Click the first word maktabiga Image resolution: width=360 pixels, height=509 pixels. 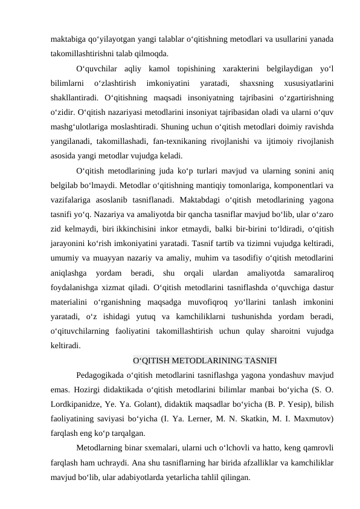68,39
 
